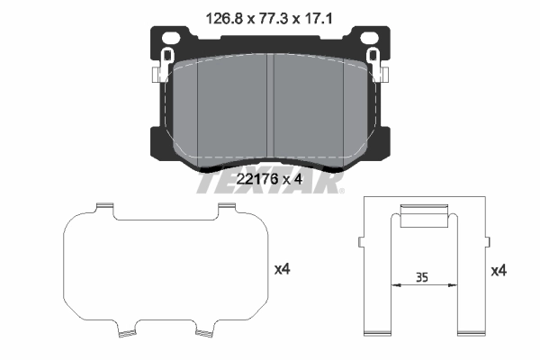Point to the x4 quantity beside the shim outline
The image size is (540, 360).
282,268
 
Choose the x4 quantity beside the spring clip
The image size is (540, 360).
499,268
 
